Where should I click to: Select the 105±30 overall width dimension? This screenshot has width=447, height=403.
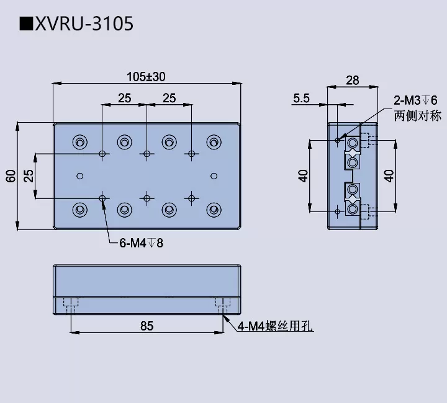coord(147,77)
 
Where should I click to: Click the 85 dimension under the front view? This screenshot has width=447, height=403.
coord(147,325)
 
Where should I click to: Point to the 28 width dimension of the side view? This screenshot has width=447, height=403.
coord(352,80)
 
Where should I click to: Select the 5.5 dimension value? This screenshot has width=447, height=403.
coord(302,97)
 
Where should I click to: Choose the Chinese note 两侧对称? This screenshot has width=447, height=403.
coord(415,115)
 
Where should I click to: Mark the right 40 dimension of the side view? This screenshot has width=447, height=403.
coord(389,175)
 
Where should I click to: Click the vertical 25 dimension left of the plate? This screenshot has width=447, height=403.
coord(29,175)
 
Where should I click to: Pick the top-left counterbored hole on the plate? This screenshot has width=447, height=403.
coord(79,142)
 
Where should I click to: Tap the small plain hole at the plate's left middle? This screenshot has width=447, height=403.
coord(79,175)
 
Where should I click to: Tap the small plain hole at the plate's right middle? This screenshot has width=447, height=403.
coord(214,175)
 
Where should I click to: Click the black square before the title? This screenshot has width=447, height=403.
coord(26,24)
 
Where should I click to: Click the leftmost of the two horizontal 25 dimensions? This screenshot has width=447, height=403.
coord(124,97)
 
